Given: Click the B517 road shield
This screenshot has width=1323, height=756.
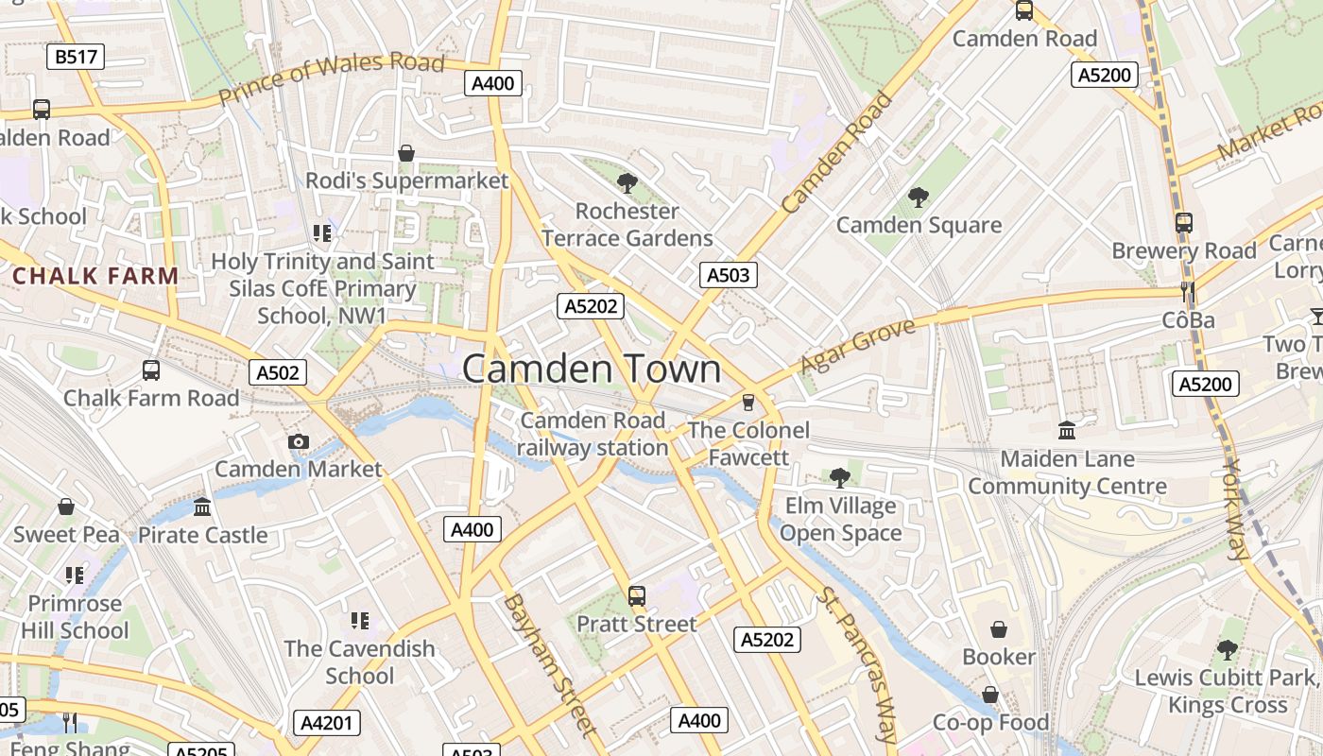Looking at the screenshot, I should click(76, 57).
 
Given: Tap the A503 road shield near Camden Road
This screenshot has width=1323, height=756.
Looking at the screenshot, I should click(729, 275).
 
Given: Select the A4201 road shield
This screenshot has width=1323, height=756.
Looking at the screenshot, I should click(326, 724).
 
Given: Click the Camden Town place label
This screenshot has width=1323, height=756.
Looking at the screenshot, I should click(592, 369).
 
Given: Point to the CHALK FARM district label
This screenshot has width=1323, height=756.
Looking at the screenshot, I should click(95, 276).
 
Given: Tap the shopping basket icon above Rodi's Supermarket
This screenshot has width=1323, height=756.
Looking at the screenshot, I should click(406, 153).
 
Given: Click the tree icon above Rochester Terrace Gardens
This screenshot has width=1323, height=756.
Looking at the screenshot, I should click(627, 183).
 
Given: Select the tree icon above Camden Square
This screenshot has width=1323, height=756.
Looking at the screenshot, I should click(918, 198).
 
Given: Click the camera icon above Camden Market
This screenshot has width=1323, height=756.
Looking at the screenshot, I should click(298, 441).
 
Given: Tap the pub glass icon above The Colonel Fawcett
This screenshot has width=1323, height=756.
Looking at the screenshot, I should click(748, 403).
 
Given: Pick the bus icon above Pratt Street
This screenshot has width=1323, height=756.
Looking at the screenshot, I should click(637, 596).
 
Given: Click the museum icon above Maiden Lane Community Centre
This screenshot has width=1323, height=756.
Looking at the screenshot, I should click(1067, 431).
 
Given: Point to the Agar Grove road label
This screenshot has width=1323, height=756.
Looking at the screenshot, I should click(857, 346).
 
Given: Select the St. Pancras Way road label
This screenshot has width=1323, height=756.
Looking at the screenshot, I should click(857, 665).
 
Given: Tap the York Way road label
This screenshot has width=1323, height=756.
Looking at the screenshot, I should click(1235, 510).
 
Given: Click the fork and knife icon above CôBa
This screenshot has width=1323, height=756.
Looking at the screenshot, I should click(1188, 292).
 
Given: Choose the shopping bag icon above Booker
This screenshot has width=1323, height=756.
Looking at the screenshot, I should click(999, 629).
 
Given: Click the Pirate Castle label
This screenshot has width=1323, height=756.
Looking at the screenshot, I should click(203, 535).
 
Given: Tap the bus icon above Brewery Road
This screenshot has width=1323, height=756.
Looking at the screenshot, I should click(1184, 223).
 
